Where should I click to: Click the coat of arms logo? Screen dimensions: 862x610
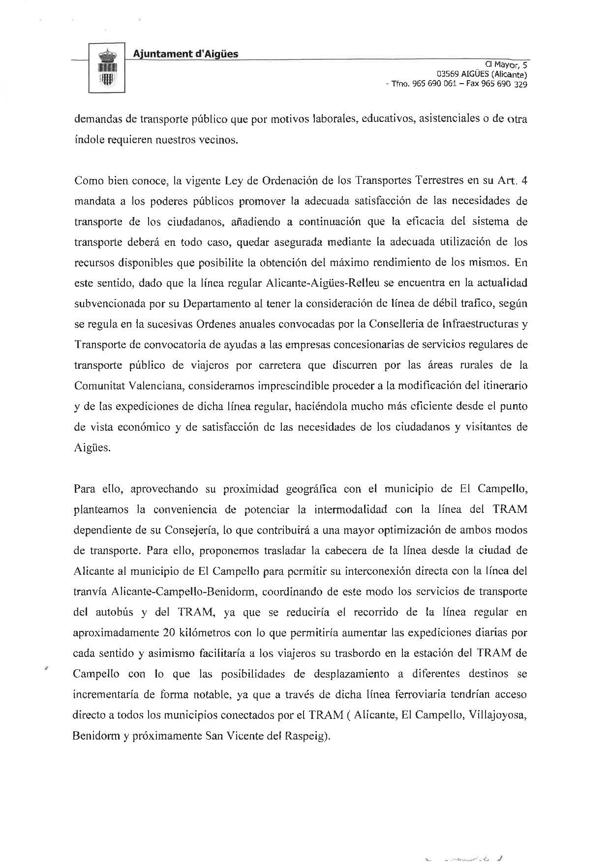(107, 68)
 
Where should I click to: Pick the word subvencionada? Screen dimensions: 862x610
(110, 304)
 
